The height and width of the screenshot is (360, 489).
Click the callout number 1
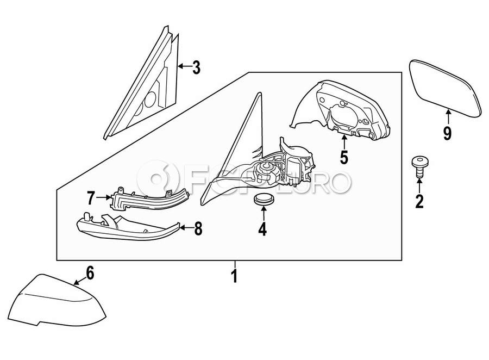point(234,276)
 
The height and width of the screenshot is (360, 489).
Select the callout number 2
point(419,201)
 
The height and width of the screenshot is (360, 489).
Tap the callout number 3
point(196,68)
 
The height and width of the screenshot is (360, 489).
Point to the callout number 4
point(262,229)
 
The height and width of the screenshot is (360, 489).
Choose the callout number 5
point(343,157)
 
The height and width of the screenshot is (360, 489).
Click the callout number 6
point(90,272)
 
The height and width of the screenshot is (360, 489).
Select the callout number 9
point(447,133)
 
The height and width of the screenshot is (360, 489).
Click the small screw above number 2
point(419,165)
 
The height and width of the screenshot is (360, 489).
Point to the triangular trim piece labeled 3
point(144,87)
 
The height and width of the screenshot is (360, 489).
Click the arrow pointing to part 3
point(184,67)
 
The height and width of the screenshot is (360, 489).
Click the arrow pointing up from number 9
point(448,117)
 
